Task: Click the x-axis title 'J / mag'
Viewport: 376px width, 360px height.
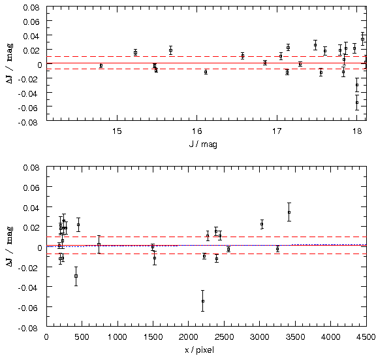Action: (x=203, y=144)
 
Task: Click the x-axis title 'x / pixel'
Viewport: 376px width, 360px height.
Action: (x=199, y=350)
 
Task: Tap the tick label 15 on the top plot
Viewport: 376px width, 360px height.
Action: (x=117, y=131)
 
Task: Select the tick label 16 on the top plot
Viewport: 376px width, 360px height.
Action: (x=197, y=131)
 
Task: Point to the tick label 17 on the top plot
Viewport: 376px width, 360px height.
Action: (x=277, y=131)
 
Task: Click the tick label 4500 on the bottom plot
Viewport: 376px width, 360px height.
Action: (x=366, y=336)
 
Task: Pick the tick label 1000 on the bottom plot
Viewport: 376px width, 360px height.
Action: (x=117, y=336)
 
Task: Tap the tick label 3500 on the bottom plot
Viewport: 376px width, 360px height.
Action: (x=295, y=336)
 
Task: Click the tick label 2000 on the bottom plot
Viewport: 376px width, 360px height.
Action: (x=188, y=336)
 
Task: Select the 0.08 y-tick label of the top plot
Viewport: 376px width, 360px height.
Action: (x=31, y=8)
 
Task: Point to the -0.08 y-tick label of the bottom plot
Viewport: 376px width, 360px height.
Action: (x=28, y=328)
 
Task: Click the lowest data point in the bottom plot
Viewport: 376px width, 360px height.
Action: (x=203, y=301)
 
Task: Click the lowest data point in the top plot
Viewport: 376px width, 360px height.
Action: (x=357, y=103)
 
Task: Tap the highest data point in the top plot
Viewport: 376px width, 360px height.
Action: (x=362, y=39)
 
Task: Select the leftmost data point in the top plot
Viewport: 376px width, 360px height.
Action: (x=101, y=65)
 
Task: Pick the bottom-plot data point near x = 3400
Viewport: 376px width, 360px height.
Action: (x=289, y=212)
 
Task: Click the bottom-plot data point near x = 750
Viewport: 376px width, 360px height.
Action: (x=99, y=244)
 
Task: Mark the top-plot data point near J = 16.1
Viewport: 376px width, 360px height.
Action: (x=206, y=72)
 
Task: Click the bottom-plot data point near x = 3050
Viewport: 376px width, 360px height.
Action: (x=262, y=224)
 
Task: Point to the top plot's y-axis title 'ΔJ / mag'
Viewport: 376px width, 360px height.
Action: (x=10, y=63)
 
